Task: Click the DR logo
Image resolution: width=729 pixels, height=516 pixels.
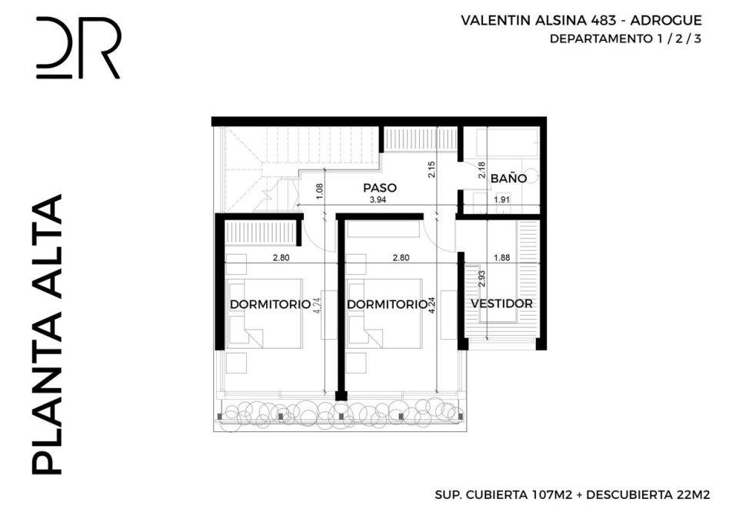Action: pyautogui.click(x=78, y=48)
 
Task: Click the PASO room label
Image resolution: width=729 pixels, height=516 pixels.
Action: pyautogui.click(x=380, y=188)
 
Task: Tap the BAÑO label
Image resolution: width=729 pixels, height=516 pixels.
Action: pyautogui.click(x=508, y=179)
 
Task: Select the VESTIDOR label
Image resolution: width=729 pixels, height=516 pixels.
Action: pyautogui.click(x=501, y=303)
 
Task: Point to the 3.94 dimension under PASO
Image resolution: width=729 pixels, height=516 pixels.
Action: pyautogui.click(x=378, y=199)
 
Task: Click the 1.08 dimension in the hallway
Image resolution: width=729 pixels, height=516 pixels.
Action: pyautogui.click(x=319, y=192)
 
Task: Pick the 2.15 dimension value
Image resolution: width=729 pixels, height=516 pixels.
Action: pyautogui.click(x=432, y=169)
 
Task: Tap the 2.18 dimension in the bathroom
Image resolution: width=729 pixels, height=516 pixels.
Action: pyautogui.click(x=481, y=170)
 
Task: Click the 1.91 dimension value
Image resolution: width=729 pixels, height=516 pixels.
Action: pyautogui.click(x=502, y=199)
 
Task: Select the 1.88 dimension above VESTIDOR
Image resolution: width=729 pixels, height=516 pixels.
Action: pyautogui.click(x=502, y=257)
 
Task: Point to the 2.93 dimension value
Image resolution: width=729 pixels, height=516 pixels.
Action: pyautogui.click(x=482, y=279)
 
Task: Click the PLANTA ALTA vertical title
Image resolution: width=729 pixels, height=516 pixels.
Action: pyautogui.click(x=47, y=334)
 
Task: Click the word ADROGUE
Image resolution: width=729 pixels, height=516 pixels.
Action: pyautogui.click(x=666, y=21)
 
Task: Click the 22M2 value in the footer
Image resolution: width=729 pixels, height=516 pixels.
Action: pyautogui.click(x=694, y=494)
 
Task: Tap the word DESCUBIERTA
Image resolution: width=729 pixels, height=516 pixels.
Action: pyautogui.click(x=630, y=494)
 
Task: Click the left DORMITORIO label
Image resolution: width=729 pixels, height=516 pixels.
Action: pyautogui.click(x=270, y=304)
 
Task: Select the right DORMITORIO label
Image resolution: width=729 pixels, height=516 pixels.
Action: pyautogui.click(x=388, y=304)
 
